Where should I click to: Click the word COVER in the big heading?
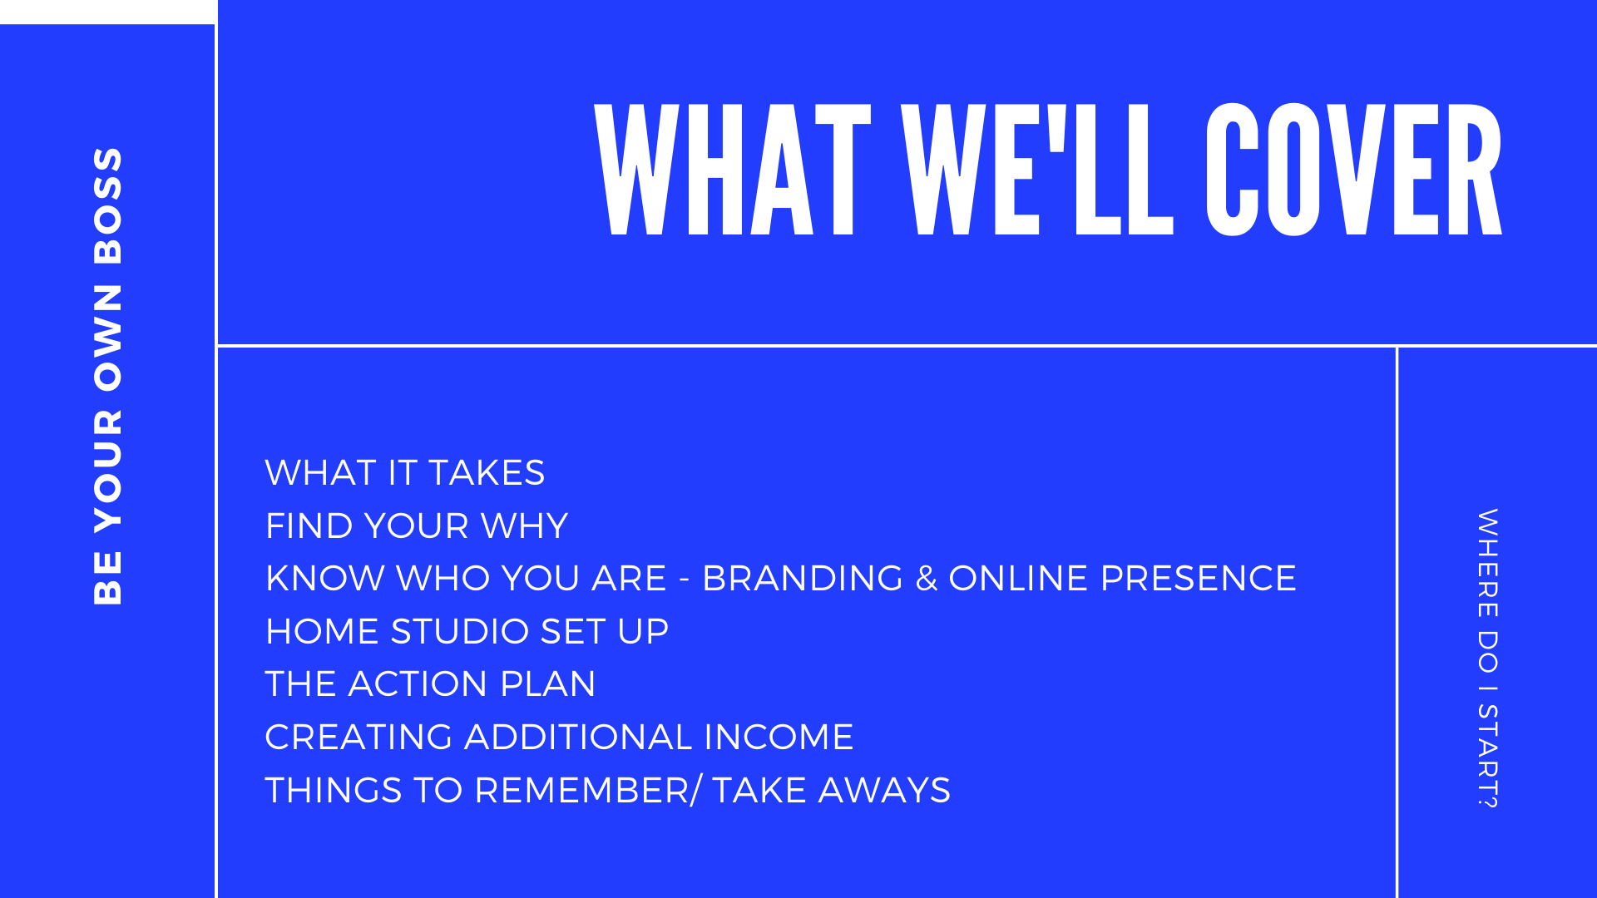pos(1354,170)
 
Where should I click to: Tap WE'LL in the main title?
pos(1038,170)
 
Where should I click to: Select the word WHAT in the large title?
pos(733,170)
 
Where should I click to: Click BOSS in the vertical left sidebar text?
pos(108,205)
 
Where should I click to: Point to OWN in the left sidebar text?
pos(108,338)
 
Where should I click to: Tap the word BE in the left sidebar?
pos(108,577)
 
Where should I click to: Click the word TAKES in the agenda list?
pos(487,473)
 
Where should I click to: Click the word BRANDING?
pos(803,579)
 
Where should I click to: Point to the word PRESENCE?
pos(1199,579)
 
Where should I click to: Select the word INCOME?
pos(779,738)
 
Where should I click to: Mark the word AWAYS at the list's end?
pos(884,791)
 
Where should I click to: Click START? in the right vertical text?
pos(1487,756)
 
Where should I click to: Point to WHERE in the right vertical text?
pos(1487,563)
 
